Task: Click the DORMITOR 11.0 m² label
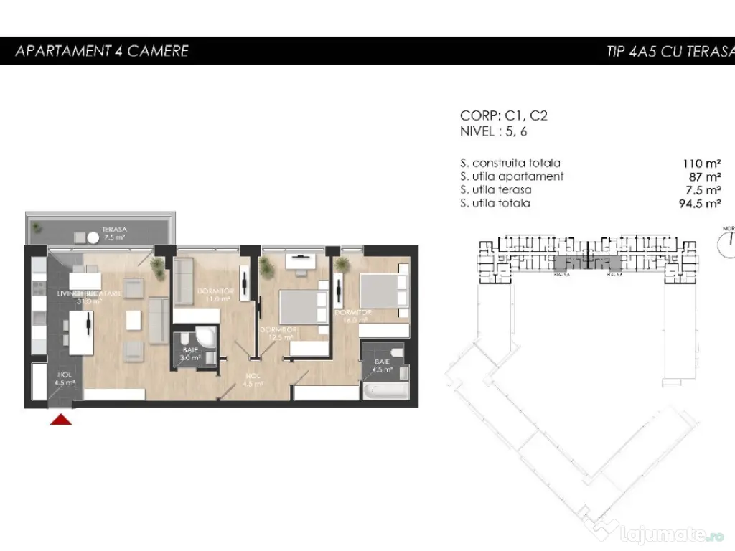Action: pos(214,295)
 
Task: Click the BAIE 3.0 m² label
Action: pos(189,353)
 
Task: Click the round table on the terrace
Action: pos(93,237)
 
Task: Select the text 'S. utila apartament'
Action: pos(512,176)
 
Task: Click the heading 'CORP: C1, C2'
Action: pos(504,116)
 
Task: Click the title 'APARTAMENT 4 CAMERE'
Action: pos(102,51)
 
